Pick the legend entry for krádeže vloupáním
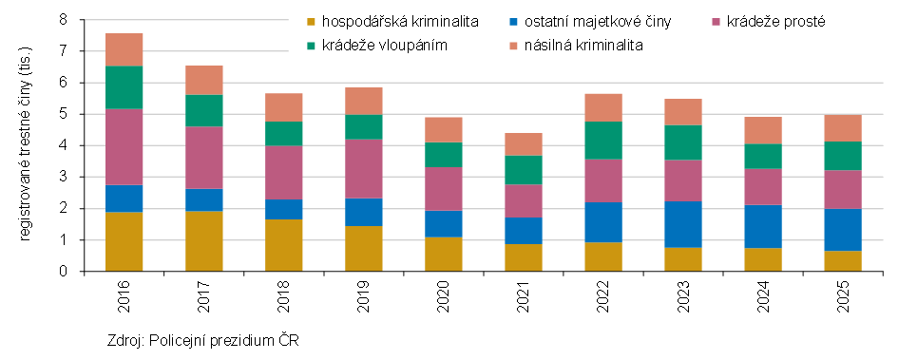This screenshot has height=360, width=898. (385, 44)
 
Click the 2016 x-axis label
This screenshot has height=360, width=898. (124, 291)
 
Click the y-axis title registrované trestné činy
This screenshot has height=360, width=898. (27, 143)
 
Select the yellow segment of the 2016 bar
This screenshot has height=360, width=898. (124, 241)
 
